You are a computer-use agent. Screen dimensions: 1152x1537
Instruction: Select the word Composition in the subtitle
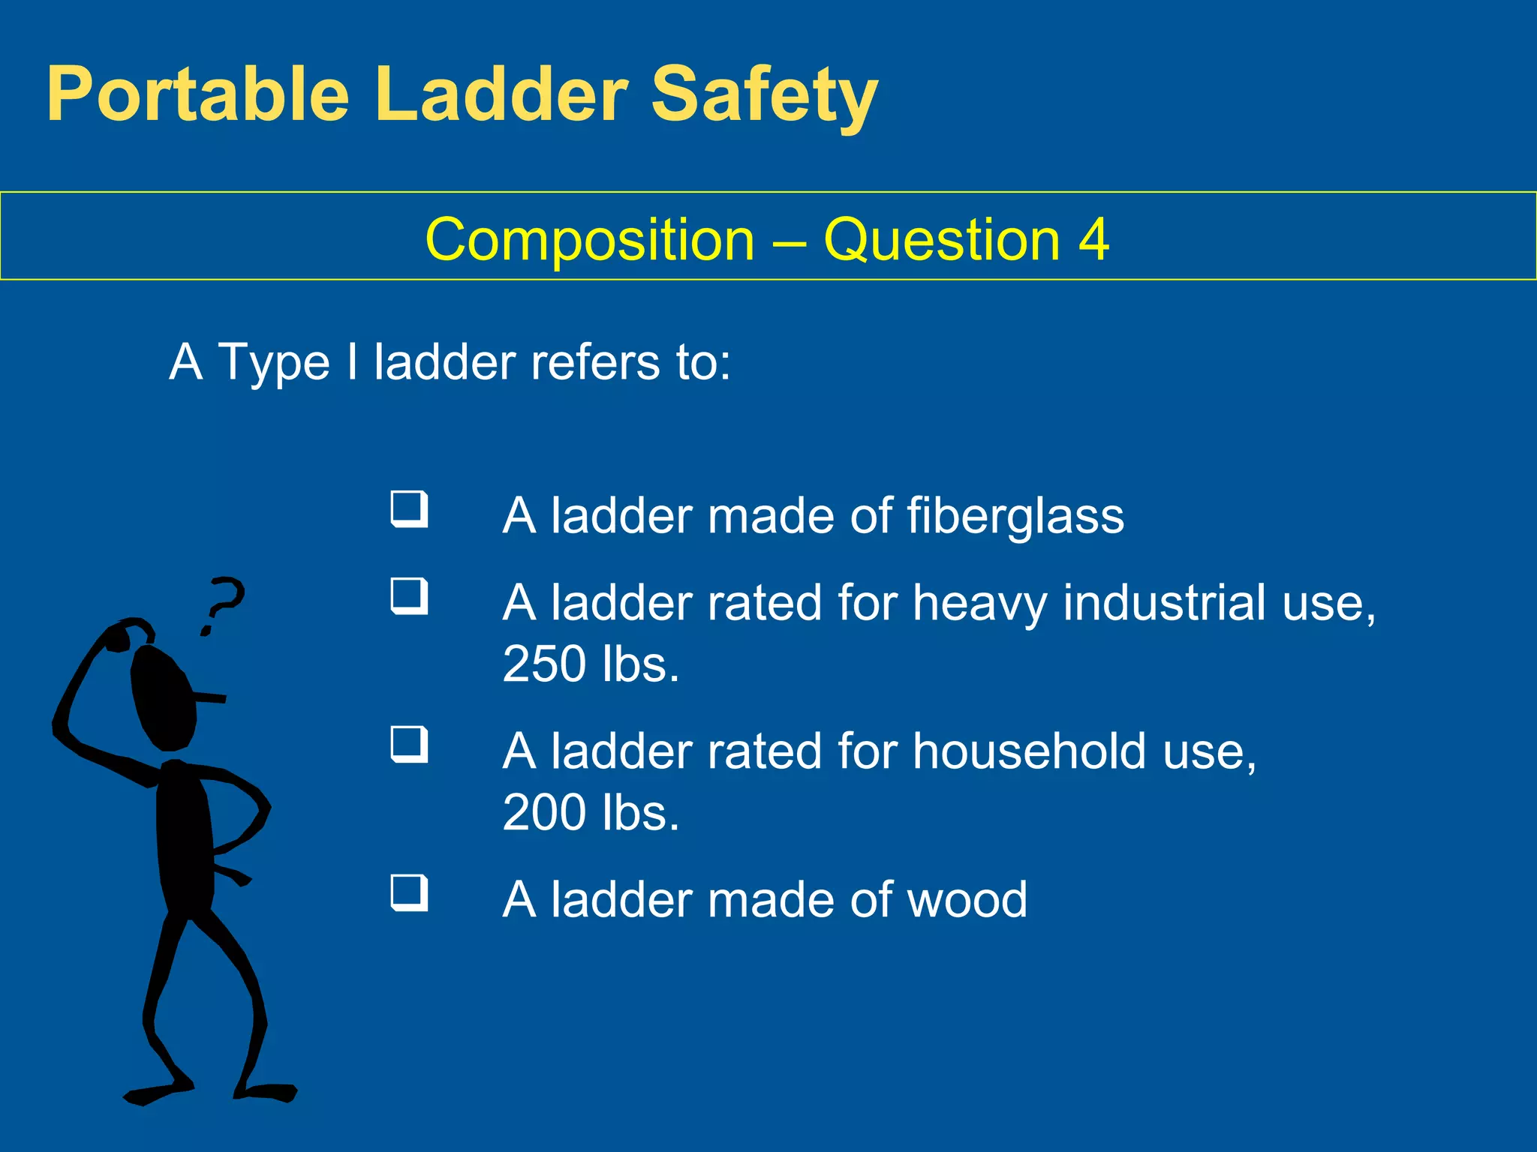[x=590, y=240]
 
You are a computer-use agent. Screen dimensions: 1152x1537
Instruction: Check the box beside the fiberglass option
[x=410, y=510]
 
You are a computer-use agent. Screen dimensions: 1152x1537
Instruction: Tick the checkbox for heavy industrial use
[x=410, y=597]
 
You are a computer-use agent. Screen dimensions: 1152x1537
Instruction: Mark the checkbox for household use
[x=410, y=745]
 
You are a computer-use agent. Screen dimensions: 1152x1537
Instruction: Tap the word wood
[x=967, y=900]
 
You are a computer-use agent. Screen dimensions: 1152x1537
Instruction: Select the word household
[x=1030, y=751]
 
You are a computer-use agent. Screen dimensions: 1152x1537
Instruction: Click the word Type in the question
[x=274, y=363]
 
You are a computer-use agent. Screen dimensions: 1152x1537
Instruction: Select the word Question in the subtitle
[x=941, y=240]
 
